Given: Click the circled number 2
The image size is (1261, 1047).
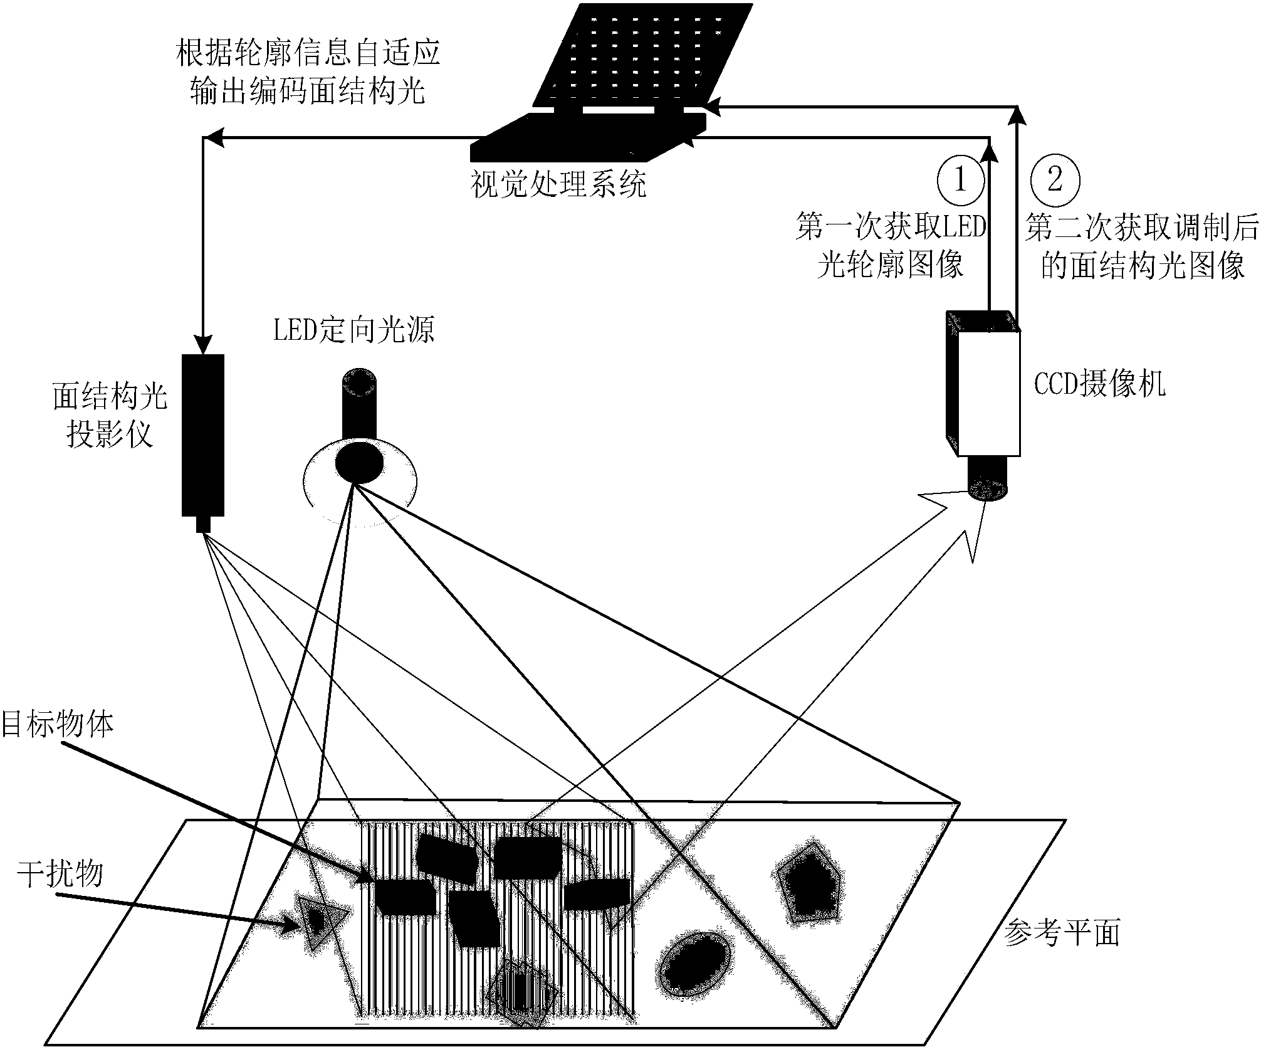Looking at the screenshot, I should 1055,180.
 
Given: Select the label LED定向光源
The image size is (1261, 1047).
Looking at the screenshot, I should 353,330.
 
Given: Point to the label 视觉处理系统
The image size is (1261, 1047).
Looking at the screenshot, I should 558,185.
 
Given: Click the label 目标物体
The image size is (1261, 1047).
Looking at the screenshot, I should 58,725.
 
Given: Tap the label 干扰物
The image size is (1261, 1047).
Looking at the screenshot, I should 60,873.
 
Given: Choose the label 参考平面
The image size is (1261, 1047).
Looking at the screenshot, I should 1061,933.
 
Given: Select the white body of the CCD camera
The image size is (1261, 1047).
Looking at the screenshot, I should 988,392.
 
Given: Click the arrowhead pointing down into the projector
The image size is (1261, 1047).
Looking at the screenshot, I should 202,345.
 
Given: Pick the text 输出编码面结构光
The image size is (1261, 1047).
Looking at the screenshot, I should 308,90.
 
